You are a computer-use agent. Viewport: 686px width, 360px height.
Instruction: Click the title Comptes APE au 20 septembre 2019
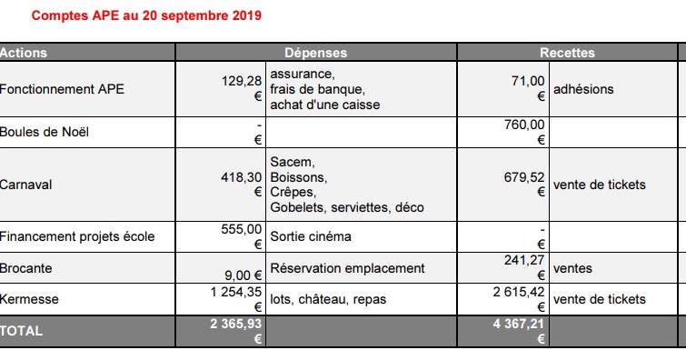146,16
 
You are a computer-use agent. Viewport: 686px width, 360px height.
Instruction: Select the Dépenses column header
315,53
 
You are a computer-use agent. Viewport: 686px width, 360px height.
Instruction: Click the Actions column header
24,53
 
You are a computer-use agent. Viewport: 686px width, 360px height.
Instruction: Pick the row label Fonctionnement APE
62,89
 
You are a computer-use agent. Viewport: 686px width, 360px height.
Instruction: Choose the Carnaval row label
26,185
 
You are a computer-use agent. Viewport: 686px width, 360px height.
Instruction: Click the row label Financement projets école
76,236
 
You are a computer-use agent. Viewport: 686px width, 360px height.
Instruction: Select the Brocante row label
26,268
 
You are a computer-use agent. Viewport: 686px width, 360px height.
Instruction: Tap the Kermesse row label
29,298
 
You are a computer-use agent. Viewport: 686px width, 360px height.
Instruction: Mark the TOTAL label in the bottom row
22,331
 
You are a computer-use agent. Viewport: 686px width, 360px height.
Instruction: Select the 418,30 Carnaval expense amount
242,177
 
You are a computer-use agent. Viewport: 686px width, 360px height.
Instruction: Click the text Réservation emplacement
347,268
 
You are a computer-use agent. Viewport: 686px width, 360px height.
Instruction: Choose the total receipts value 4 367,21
519,323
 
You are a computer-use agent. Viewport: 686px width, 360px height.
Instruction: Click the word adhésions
582,89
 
